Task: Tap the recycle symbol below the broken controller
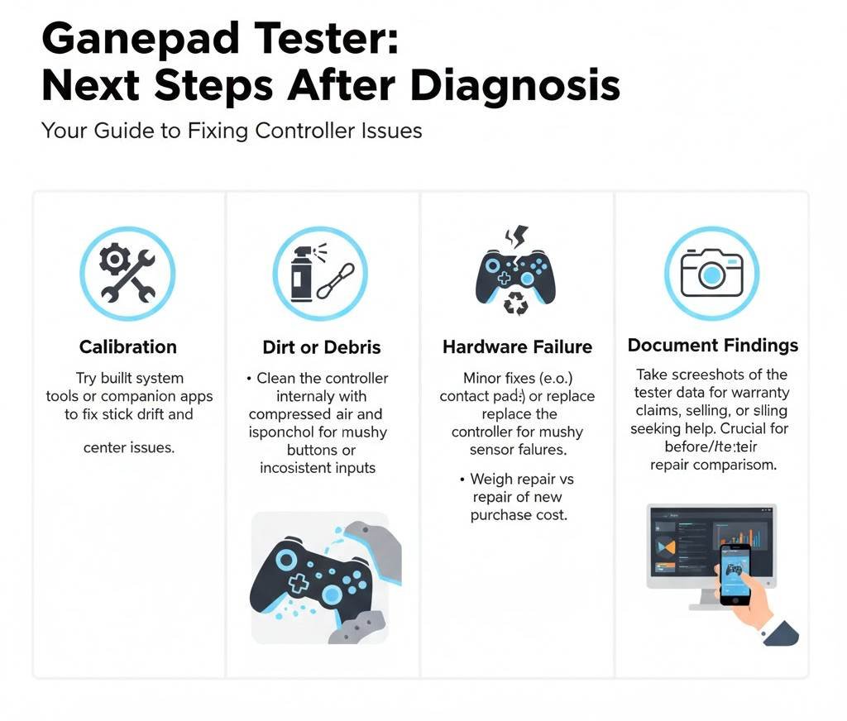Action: (x=515, y=303)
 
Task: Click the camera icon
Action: (x=711, y=274)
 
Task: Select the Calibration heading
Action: (x=127, y=346)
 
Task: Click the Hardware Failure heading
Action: (x=517, y=347)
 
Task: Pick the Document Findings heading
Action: (x=712, y=345)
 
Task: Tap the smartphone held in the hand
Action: (x=735, y=573)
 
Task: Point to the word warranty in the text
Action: (x=760, y=393)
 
